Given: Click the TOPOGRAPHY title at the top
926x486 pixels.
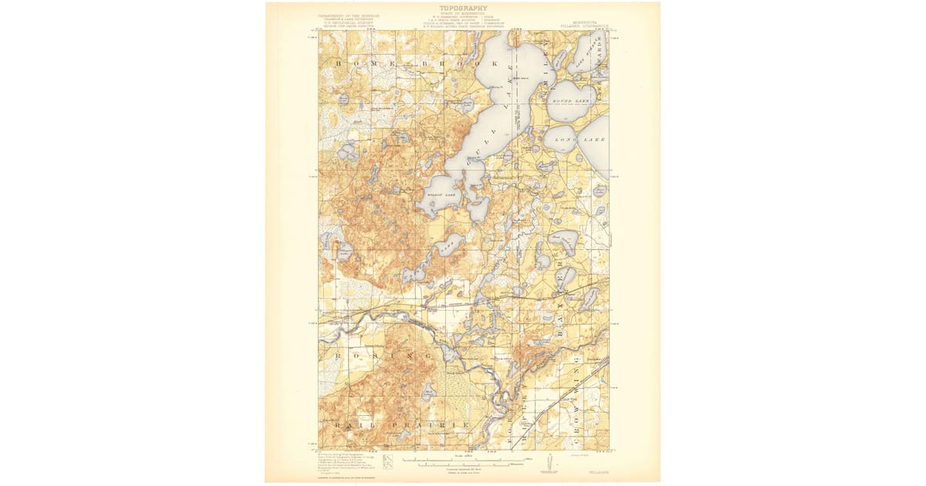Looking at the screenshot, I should (463, 8).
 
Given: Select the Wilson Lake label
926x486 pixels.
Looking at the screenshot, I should (442, 195).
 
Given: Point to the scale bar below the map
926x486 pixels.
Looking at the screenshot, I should (463, 463).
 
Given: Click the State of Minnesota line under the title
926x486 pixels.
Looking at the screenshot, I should (463, 15).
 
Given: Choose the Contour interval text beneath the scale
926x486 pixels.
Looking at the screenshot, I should (463, 469).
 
